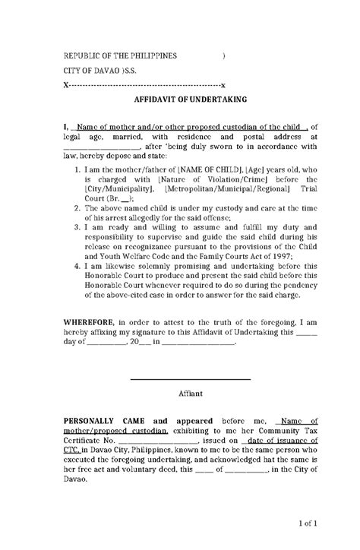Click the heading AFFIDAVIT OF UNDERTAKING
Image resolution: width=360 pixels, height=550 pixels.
tap(179, 99)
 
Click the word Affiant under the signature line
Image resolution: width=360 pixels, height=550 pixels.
tap(190, 394)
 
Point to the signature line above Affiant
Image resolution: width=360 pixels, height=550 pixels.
tap(190, 380)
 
